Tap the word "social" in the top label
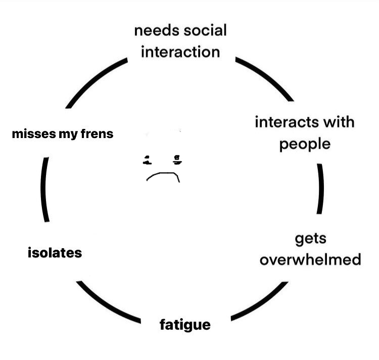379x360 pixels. [x=205, y=30]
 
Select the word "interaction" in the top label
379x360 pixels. [x=180, y=52]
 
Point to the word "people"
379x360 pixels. [x=305, y=144]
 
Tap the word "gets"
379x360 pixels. [x=310, y=238]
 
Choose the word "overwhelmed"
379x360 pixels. [x=310, y=259]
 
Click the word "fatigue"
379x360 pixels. [x=185, y=324]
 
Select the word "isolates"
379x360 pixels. [x=55, y=252]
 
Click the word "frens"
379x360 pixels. [x=96, y=134]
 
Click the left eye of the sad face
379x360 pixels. [x=147, y=160]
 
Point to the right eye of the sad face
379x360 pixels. [x=177, y=160]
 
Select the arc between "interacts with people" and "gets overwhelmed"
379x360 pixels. [x=320, y=189]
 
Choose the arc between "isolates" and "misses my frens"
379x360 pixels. [x=45, y=190]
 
